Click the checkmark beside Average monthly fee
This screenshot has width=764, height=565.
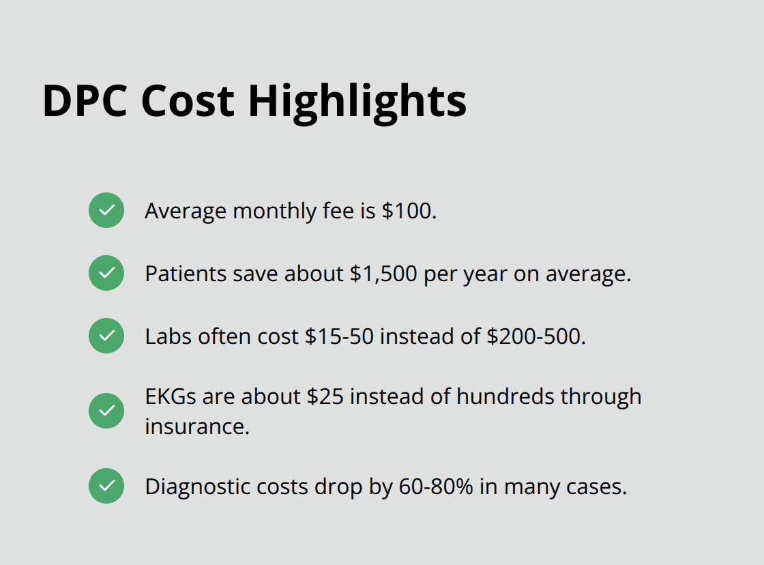(106, 210)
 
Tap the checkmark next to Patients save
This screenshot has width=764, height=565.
(106, 273)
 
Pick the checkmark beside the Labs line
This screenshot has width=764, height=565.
(106, 336)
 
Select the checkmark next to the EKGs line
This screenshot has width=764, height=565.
(106, 411)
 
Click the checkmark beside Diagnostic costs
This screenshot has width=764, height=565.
(106, 486)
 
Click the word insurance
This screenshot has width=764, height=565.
(196, 426)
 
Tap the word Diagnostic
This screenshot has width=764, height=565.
(198, 487)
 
